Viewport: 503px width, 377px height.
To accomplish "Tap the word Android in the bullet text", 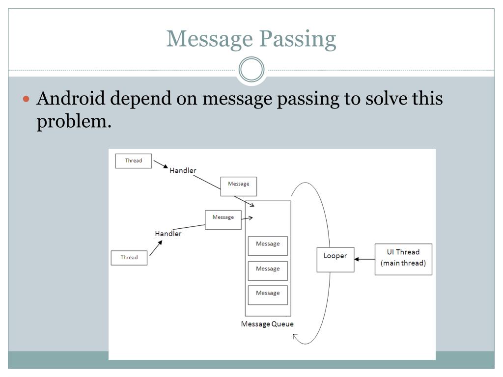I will coord(71,99).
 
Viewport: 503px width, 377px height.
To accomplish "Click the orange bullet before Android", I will coord(28,99).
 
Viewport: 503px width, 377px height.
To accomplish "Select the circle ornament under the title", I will coord(251,70).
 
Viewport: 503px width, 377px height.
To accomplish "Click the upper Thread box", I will coord(133,161).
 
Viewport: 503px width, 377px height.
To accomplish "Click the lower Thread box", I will coord(129,258).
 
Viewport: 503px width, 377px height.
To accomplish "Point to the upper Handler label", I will coord(183,171).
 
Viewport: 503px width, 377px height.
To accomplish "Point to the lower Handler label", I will coord(168,234).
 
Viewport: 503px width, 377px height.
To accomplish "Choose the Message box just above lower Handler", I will coord(223,219).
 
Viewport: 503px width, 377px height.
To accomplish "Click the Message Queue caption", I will coord(267,324).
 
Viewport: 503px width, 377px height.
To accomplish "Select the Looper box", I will coord(335,258).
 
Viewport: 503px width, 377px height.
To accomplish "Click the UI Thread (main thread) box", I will coord(403,259).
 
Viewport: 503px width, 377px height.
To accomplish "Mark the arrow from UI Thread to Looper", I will coord(364,259).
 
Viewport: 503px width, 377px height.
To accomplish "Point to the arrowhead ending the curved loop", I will coord(295,336).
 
